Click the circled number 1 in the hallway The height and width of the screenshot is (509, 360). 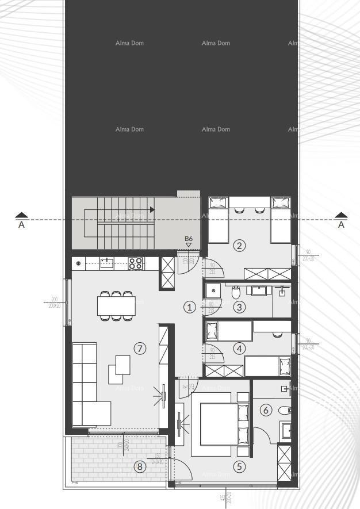point(190,307)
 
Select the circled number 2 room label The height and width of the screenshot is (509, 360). point(240,246)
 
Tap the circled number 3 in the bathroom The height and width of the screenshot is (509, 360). point(240,307)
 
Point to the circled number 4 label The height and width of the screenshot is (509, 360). point(240,348)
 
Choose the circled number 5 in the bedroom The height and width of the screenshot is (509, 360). point(240,467)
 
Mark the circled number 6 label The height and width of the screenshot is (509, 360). point(265,410)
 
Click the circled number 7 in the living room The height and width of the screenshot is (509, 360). point(140,348)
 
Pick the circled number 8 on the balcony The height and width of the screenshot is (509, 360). point(140,467)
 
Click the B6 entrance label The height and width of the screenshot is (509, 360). point(188,239)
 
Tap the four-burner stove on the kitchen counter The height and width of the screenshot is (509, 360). point(135,263)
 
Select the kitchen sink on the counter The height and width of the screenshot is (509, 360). point(106,263)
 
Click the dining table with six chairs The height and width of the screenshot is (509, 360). point(116,305)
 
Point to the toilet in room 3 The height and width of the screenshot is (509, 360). point(236,293)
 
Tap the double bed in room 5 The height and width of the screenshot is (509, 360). point(219,423)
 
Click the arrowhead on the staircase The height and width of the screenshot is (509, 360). point(152,210)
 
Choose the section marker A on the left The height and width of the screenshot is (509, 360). point(21,221)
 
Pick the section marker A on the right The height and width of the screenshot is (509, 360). point(342,221)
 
